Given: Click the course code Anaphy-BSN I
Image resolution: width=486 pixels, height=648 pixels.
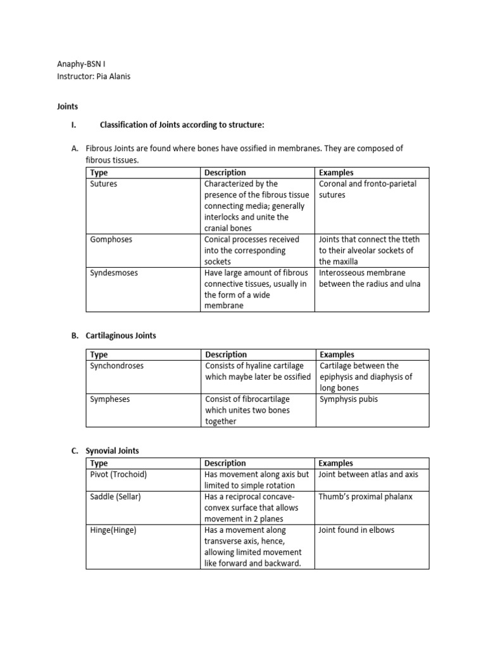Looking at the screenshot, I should coord(81,65).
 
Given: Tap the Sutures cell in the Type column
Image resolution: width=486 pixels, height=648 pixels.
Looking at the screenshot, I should coord(104,184).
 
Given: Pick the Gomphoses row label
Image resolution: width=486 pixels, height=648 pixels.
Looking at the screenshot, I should coord(111,239).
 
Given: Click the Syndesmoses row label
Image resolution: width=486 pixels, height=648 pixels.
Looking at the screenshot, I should coord(114,273).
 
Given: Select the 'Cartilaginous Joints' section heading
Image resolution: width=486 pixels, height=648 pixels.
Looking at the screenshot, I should coord(121,335).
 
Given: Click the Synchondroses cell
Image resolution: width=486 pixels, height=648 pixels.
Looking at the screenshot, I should coord(117,366).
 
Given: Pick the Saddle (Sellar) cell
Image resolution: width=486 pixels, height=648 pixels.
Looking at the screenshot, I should coord(116,496).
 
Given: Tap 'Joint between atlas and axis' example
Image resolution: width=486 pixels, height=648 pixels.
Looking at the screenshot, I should coord(368,474).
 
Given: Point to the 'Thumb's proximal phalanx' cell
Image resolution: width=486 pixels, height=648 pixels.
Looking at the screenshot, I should coord(365,496).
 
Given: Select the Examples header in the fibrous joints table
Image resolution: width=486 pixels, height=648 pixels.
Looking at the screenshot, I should coord(336,172).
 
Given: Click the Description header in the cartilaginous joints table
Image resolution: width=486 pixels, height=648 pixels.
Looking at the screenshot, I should coord(226,354).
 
